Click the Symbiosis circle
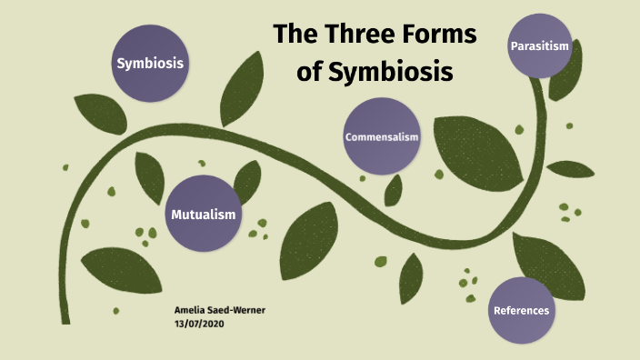[150, 63]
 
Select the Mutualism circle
[204, 215]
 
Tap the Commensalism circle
[382, 136]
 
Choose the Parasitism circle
[540, 45]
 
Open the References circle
[521, 310]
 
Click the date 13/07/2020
[198, 324]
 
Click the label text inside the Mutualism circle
[204, 215]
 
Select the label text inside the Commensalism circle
[382, 136]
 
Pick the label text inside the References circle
[521, 310]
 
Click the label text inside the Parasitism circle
[540, 45]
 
